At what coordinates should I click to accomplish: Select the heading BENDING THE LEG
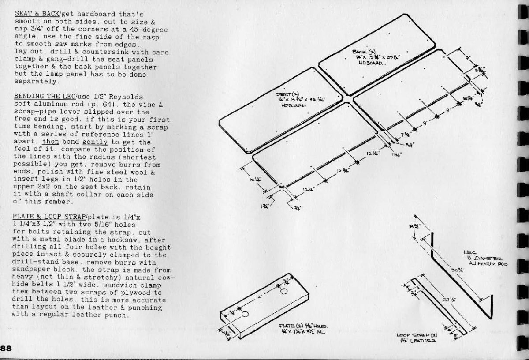(x=45, y=96)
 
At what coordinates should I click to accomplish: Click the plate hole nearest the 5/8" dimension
(x=245, y=314)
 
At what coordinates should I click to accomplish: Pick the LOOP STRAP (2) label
(x=410, y=336)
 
